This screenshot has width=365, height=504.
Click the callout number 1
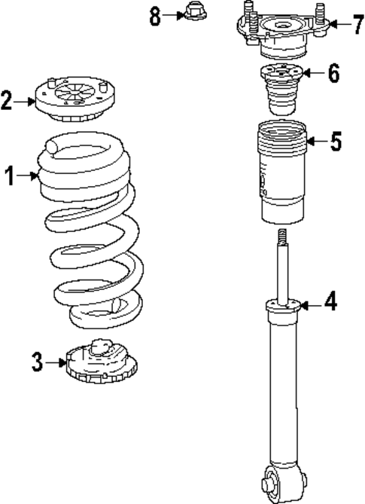[x=9, y=176]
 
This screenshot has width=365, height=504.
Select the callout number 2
[x=8, y=99]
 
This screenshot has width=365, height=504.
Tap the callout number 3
[x=37, y=362]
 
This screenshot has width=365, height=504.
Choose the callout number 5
[x=336, y=141]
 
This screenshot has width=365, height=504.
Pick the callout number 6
[x=332, y=73]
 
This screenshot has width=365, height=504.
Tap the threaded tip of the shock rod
[x=282, y=237]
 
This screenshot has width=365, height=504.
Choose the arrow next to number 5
[x=317, y=141]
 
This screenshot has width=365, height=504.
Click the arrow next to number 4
[x=312, y=305]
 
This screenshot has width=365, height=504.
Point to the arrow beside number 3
[x=56, y=362]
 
